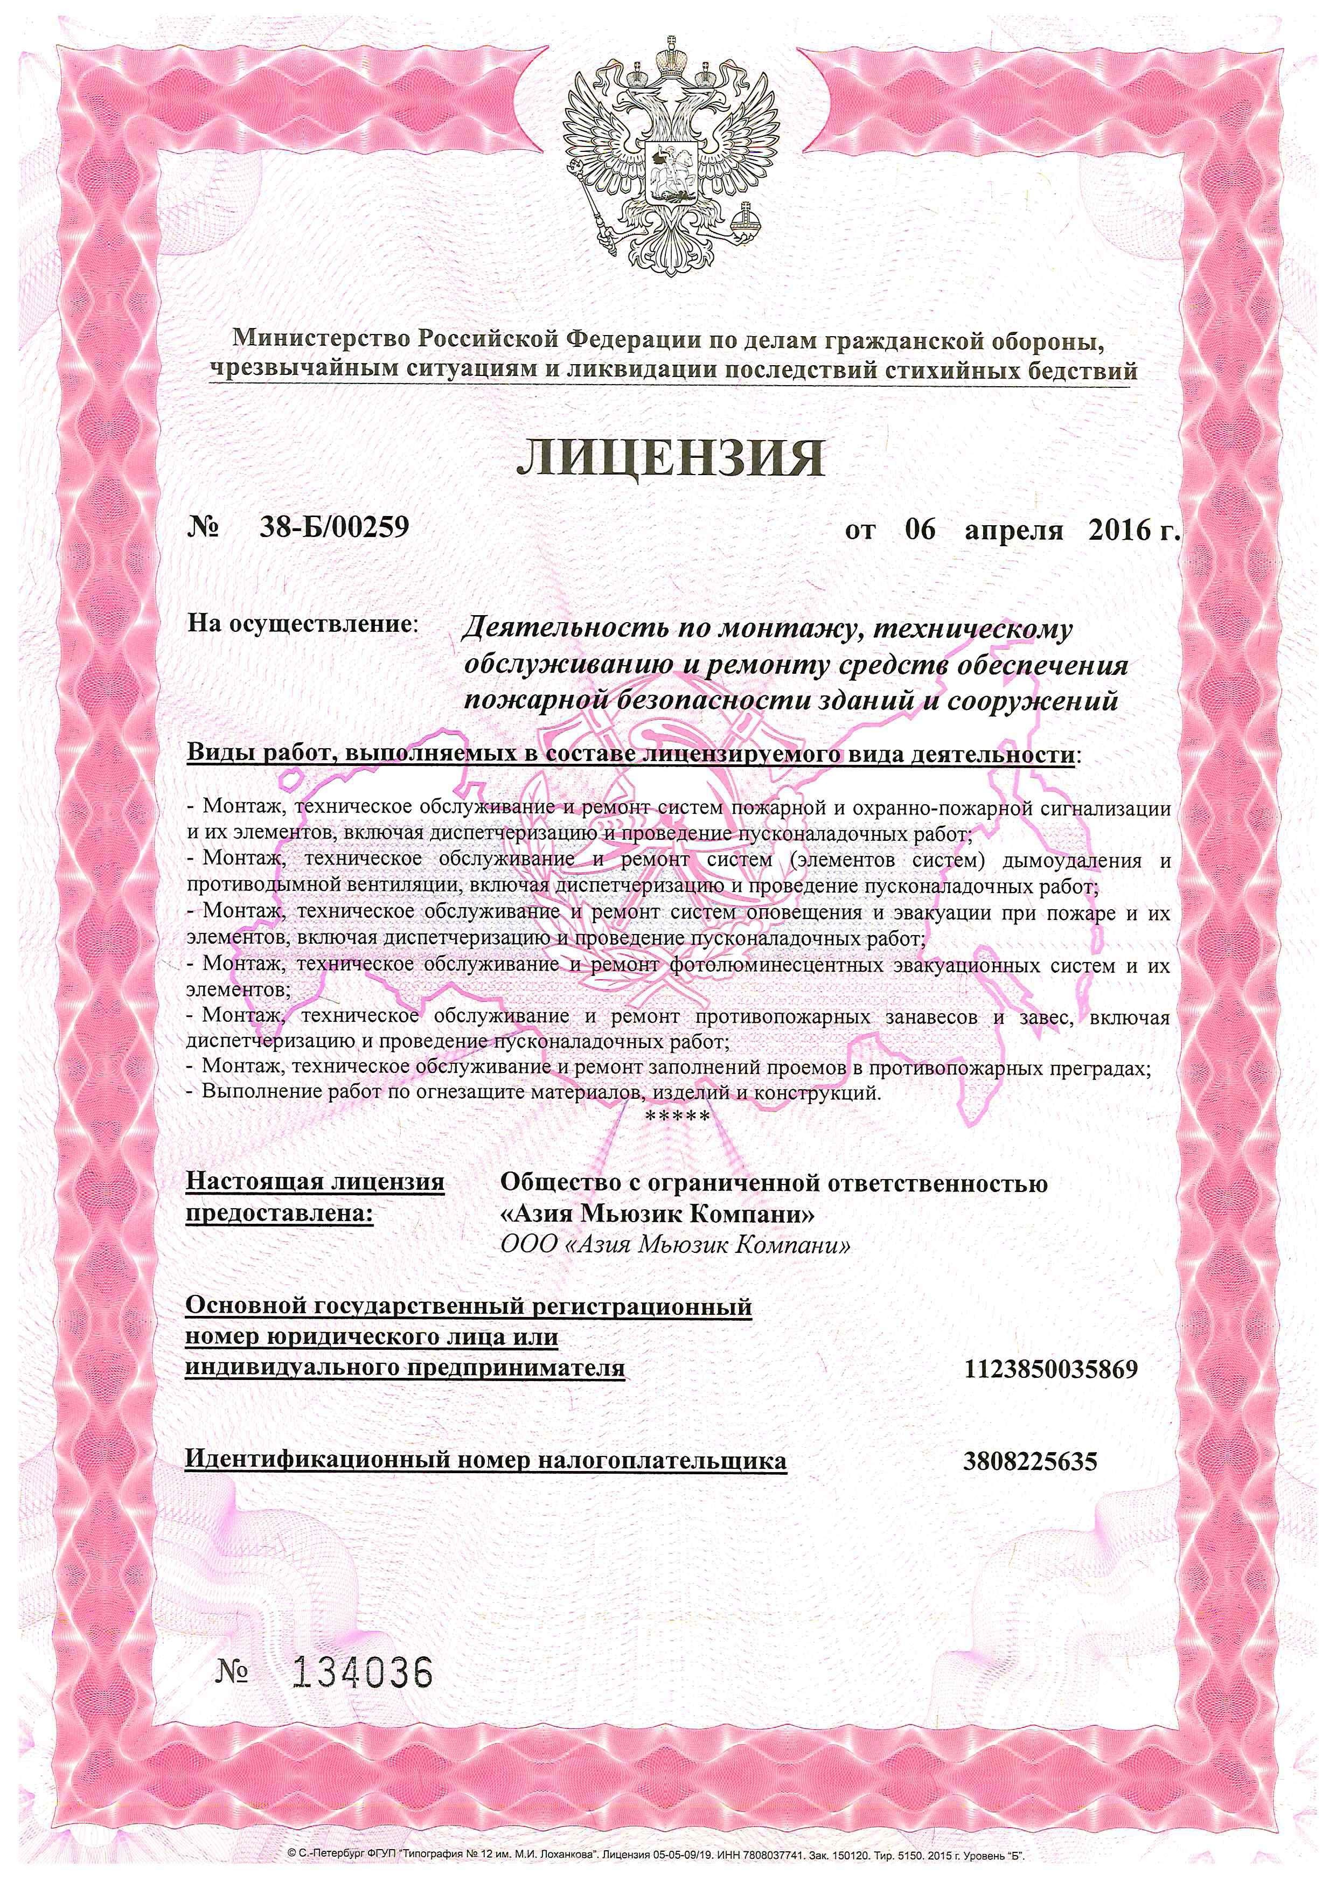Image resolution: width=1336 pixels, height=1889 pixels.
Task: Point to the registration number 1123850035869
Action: point(1050,1370)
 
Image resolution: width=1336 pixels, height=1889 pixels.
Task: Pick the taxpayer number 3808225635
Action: point(1030,1461)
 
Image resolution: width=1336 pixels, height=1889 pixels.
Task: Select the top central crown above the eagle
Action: point(668,62)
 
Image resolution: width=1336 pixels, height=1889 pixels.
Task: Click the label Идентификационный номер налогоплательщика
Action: point(485,1461)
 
